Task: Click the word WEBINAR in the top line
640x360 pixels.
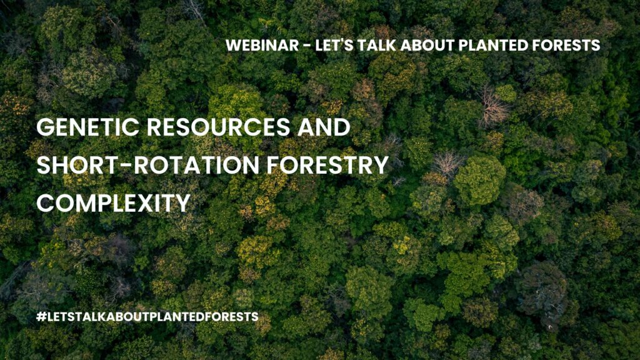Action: point(262,45)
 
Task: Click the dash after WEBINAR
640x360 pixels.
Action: point(307,46)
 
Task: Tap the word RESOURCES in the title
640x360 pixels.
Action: point(218,127)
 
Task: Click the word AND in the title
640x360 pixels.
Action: point(324,127)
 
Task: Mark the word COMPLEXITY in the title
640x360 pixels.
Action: point(114,203)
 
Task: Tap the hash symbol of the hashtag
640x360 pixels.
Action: point(41,317)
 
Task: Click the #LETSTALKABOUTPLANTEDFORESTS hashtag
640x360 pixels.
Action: point(147,317)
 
